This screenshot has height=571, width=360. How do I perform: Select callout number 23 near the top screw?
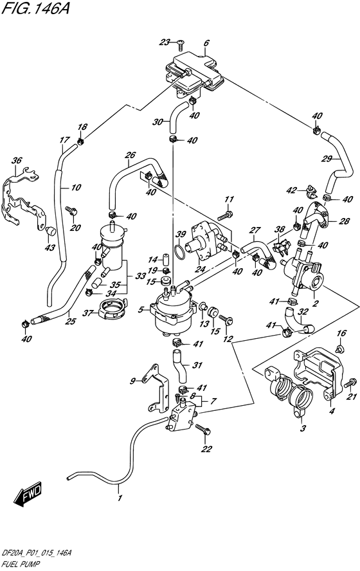(x=165, y=42)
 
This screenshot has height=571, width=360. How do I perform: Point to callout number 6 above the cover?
(x=206, y=44)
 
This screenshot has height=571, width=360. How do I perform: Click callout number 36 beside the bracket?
(x=17, y=161)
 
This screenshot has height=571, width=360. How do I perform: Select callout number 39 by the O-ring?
(x=181, y=234)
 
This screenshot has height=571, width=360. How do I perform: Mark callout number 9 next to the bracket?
(x=132, y=381)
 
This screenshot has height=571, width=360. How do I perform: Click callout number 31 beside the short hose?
(x=197, y=365)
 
